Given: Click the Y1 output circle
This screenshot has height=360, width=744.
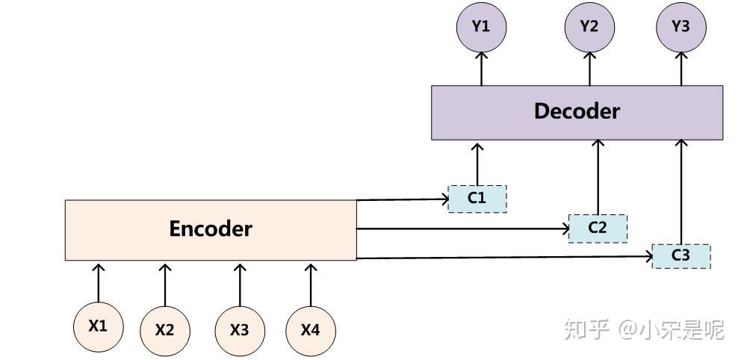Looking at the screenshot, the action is pos(481,27).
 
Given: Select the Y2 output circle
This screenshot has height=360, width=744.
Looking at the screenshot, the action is pos(589,27).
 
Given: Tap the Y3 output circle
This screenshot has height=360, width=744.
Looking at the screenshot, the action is pos(681,27).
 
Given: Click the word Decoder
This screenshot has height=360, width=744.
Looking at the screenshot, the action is pos(577,111).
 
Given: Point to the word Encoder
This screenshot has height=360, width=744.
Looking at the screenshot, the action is pos(211,229).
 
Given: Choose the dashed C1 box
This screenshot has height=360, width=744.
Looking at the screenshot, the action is pos(477,199).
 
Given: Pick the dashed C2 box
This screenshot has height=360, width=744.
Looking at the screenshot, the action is pos(598,229).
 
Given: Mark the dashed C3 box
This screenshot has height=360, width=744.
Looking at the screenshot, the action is pos(681,256).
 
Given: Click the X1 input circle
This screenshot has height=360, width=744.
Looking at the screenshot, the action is pos(98,327).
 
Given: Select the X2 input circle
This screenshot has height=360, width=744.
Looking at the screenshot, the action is pos(164,331).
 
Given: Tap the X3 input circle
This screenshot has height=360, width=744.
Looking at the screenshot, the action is pos(240,331).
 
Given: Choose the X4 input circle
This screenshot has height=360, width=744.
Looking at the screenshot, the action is pos(310,331).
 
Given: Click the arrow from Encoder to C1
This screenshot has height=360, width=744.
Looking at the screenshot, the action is pos(403,199).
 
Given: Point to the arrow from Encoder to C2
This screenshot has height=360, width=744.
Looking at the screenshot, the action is pos(462,229).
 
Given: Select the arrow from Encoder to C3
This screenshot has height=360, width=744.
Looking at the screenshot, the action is pos(504,258).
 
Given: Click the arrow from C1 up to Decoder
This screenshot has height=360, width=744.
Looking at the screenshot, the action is pos(477,163).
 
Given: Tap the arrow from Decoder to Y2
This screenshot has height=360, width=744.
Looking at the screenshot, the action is pos(590,69).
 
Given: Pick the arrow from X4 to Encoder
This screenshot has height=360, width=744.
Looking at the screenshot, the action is pos(310,284).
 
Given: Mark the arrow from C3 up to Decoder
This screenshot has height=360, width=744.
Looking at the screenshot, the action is pos(681,192).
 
